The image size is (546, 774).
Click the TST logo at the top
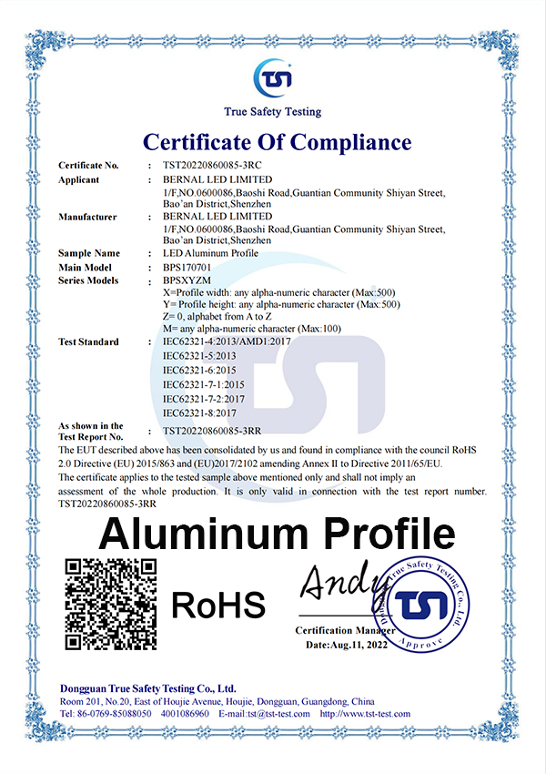273,76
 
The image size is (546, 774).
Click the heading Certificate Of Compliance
277,142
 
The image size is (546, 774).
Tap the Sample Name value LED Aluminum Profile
210,253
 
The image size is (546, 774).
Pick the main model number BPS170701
187,268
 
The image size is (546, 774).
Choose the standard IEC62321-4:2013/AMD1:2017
225,342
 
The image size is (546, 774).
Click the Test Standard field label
88,342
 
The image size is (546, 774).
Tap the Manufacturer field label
87,217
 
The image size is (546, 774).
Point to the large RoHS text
217,604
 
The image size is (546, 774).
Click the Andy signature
338,582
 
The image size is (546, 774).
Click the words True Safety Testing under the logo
273,111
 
